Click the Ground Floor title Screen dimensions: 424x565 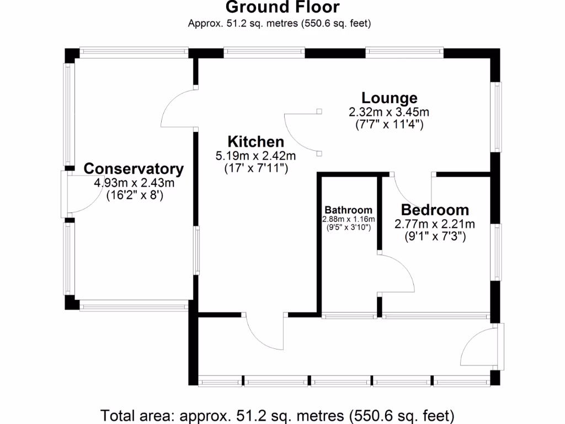[282, 8]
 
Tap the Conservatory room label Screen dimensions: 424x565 [134, 168]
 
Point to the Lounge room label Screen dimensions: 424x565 [389, 98]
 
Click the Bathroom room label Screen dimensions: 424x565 [348, 210]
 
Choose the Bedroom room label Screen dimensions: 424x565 [435, 210]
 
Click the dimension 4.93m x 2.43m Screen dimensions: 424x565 [134, 183]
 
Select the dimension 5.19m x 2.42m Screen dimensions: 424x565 [255, 156]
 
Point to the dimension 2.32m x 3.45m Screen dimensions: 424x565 [389, 112]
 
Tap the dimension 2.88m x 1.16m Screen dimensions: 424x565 [348, 219]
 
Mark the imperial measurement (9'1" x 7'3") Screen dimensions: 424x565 [435, 237]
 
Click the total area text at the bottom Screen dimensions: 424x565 [277, 414]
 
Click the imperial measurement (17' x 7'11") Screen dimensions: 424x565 [255, 169]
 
